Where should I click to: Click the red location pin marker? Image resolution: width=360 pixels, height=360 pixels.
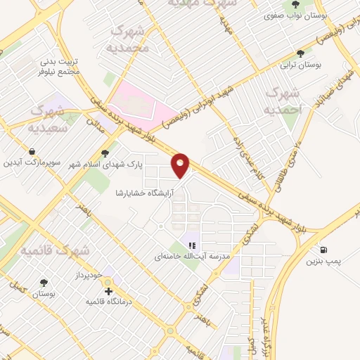181,165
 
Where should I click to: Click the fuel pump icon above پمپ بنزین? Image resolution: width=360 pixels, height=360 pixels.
323,250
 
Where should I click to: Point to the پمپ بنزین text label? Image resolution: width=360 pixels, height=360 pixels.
323,262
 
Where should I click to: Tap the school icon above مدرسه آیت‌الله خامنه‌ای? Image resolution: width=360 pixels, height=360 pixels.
191,245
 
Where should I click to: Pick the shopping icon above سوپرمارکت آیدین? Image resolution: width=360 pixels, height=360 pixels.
32,151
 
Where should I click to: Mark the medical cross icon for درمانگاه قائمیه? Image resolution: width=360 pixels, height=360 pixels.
108,290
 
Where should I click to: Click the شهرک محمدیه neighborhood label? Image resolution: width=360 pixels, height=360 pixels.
131,40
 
